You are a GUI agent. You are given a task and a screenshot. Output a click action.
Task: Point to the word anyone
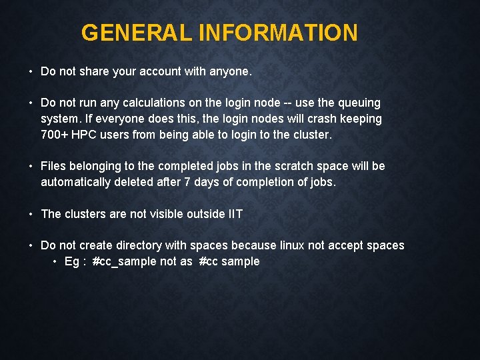(230, 71)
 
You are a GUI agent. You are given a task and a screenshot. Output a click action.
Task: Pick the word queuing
(359, 103)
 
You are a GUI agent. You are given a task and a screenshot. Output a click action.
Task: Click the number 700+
(54, 135)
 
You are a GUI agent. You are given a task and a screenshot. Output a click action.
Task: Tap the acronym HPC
(84, 135)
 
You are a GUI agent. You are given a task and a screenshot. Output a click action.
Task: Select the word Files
(54, 166)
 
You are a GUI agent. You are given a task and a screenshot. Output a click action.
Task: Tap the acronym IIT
(235, 214)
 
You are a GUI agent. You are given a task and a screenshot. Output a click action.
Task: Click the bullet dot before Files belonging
(31, 166)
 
